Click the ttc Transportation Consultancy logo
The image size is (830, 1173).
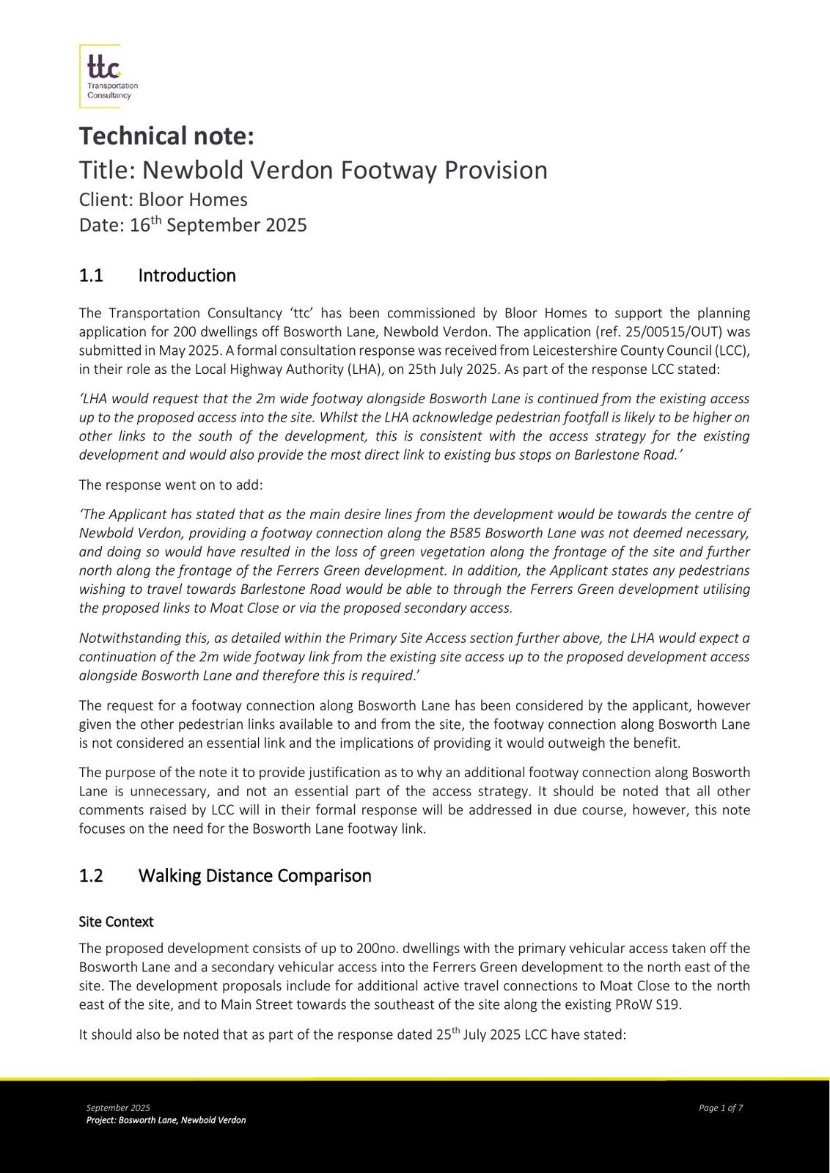(107, 76)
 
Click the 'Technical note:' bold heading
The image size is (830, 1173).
(166, 136)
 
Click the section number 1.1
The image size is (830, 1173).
(91, 276)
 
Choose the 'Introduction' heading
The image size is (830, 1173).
(187, 276)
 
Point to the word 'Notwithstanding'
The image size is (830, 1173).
(124, 638)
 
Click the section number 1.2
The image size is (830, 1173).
(91, 876)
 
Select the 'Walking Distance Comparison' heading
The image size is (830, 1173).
(254, 876)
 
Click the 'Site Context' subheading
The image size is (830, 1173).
(116, 921)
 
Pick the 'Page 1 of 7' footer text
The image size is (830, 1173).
(721, 1108)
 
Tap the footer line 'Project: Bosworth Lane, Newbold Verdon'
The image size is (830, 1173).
(166, 1120)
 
